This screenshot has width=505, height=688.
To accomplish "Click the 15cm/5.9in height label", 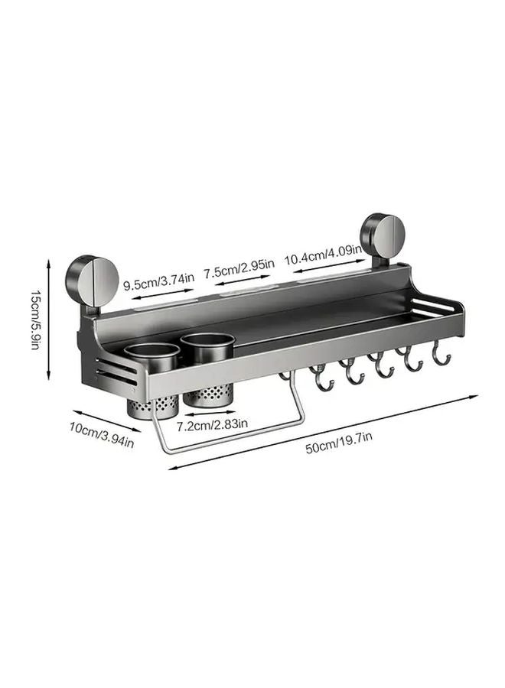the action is [35, 320].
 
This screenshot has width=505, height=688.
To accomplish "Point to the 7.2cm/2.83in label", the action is [212, 424].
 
